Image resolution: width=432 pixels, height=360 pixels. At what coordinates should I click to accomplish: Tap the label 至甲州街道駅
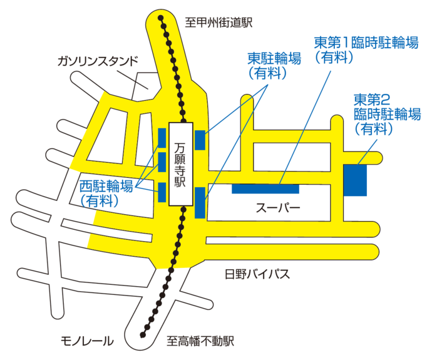coord(219,23)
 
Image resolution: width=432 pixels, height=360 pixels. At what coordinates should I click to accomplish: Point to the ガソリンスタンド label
coord(96,62)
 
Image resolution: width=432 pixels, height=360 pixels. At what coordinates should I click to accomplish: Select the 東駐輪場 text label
coord(274,58)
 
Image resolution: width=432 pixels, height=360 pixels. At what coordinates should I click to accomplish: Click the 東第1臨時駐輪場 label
coord(366,43)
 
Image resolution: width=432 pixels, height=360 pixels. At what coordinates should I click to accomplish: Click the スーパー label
coord(278,208)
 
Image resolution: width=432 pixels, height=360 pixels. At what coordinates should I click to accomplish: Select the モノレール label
coord(87,341)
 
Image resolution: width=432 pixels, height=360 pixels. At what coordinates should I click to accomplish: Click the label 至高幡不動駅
coord(200,342)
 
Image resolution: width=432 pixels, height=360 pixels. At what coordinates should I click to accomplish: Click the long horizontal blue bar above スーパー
coord(265,188)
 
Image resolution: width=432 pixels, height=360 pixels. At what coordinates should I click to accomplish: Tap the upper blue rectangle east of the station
coord(200,140)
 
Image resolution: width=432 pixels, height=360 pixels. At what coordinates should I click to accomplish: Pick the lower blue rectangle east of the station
coord(200,203)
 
